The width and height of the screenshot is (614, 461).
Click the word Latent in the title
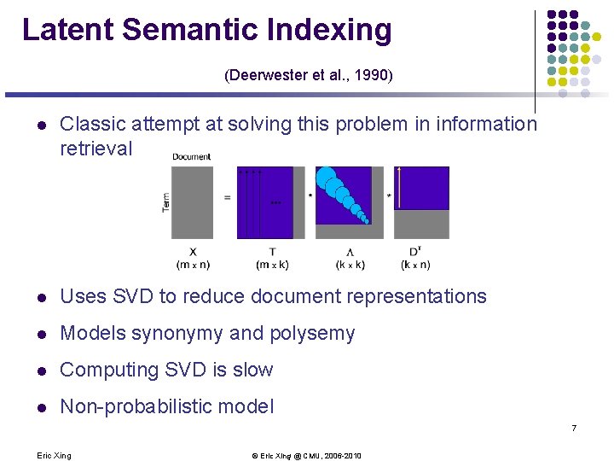pyautogui.click(x=67, y=30)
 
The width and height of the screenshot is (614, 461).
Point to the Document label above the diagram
pyautogui.click(x=192, y=157)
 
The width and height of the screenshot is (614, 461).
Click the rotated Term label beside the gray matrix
pyautogui.click(x=165, y=202)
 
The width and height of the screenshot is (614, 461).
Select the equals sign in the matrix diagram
pyautogui.click(x=227, y=198)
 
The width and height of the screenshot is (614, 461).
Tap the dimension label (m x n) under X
pyautogui.click(x=193, y=265)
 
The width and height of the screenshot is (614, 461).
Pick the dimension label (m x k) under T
pyautogui.click(x=272, y=265)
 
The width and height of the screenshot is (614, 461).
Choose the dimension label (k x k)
pyautogui.click(x=350, y=265)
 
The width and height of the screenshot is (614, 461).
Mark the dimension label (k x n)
pyautogui.click(x=415, y=265)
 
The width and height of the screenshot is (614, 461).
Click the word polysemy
pyautogui.click(x=315, y=334)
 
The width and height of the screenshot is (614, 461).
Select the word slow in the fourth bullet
pyautogui.click(x=253, y=371)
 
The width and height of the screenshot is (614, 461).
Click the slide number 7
pyautogui.click(x=574, y=427)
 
